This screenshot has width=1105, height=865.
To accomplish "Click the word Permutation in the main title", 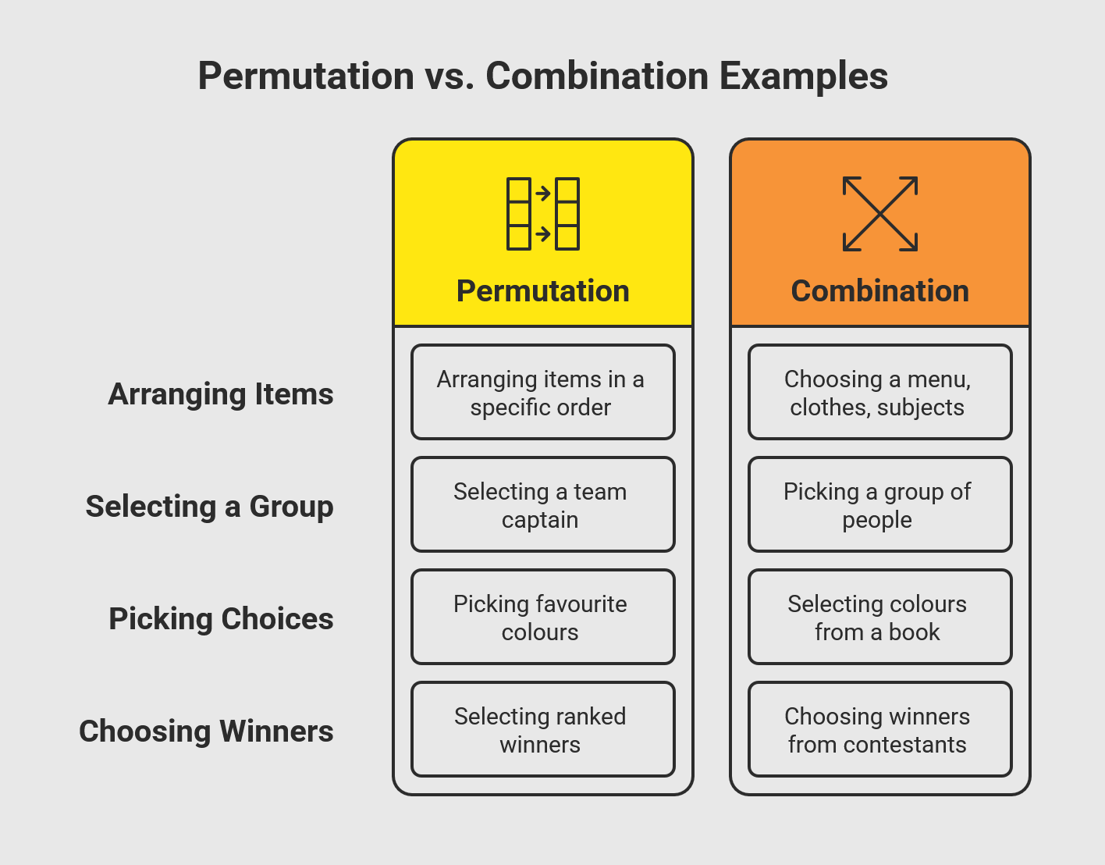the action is click(x=306, y=77).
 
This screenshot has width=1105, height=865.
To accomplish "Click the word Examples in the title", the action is click(x=804, y=77).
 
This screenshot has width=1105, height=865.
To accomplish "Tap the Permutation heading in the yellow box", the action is click(x=542, y=291).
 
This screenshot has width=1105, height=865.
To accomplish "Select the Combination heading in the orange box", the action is click(x=879, y=291).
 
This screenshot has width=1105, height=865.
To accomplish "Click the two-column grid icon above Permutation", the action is click(x=542, y=214).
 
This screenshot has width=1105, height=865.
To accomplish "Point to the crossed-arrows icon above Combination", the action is click(x=879, y=214).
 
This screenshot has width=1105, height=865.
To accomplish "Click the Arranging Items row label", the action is click(x=221, y=394).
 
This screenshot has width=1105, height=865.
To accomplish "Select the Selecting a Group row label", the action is click(x=209, y=507).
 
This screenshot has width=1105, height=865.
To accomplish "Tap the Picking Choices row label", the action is click(x=221, y=619).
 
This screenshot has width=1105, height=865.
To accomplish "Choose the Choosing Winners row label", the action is click(x=206, y=732).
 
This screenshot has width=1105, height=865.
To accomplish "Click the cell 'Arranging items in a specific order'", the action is click(x=542, y=392).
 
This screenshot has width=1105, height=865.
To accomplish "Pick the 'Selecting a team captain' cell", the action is click(x=542, y=504).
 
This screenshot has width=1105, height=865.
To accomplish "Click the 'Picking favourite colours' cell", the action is click(x=542, y=617).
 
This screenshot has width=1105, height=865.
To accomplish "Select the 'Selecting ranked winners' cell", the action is click(x=542, y=729).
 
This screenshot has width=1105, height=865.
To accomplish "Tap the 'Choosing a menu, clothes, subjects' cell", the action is click(x=879, y=392).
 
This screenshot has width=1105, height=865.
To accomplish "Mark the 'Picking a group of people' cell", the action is click(x=879, y=504).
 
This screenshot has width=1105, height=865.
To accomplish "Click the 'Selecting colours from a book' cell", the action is click(x=879, y=617).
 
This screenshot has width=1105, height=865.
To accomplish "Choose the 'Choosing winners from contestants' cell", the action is click(x=879, y=729).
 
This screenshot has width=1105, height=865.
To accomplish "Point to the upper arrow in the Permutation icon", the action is click(x=543, y=194).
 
